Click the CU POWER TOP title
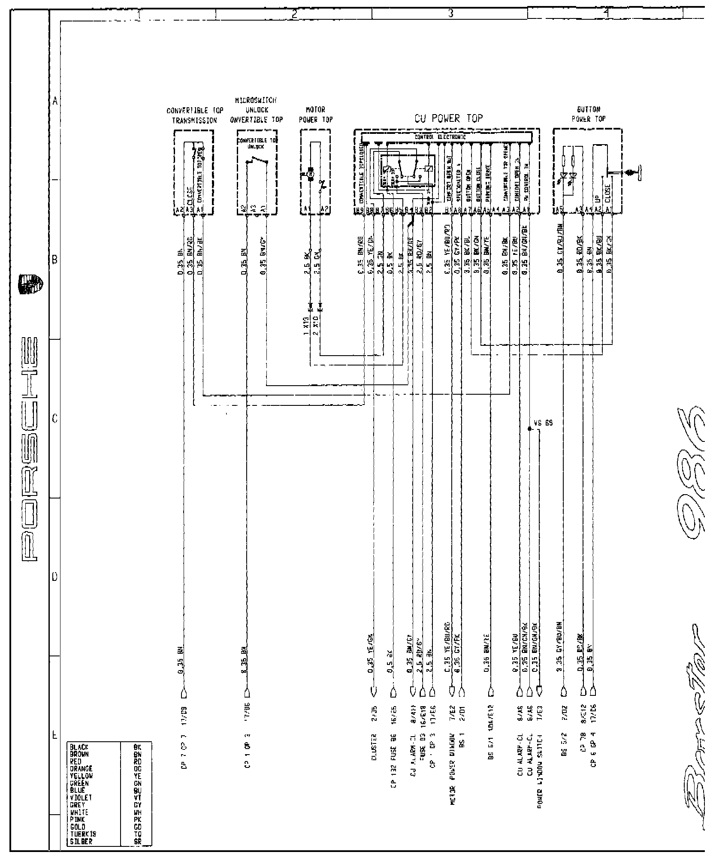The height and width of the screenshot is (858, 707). [x=448, y=118]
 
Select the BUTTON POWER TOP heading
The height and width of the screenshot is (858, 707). [x=588, y=115]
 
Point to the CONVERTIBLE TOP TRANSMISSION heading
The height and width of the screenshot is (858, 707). [x=195, y=115]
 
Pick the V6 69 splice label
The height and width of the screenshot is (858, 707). [x=544, y=423]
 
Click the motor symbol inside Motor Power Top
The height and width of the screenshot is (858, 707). [x=311, y=174]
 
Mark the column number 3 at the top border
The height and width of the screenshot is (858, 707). [x=450, y=14]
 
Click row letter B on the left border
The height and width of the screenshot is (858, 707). [x=54, y=260]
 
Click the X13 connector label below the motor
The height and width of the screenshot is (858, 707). [x=306, y=326]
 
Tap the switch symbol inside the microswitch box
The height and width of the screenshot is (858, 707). [x=257, y=162]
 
